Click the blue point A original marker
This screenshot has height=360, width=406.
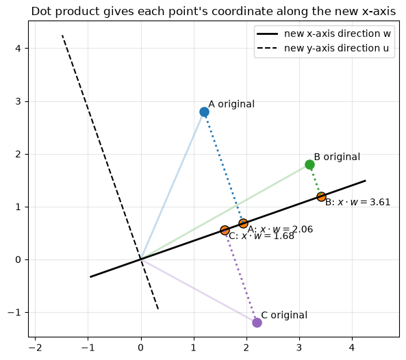[204, 112]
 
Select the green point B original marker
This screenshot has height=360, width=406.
[309, 165]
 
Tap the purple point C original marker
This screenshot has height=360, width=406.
[257, 323]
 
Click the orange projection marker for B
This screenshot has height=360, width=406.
[321, 196]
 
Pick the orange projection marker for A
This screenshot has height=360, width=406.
[243, 223]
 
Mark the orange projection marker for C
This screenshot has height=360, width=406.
[225, 230]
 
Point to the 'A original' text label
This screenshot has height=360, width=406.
[231, 104]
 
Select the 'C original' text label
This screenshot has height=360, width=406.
[284, 316]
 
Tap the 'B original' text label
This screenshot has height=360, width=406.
[337, 157]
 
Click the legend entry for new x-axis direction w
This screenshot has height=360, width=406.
[324, 34]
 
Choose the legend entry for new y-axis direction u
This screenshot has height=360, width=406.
[322, 49]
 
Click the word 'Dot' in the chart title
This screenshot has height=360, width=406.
[42, 12]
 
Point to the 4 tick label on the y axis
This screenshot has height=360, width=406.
[18, 49]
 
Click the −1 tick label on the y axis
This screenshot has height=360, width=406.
[14, 312]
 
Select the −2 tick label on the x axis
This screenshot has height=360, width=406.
[35, 348]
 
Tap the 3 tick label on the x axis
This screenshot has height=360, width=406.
[299, 348]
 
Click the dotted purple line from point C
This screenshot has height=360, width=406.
[241, 277]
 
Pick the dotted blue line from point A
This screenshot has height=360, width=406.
[224, 168]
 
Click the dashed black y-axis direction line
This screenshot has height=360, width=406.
[110, 172]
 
